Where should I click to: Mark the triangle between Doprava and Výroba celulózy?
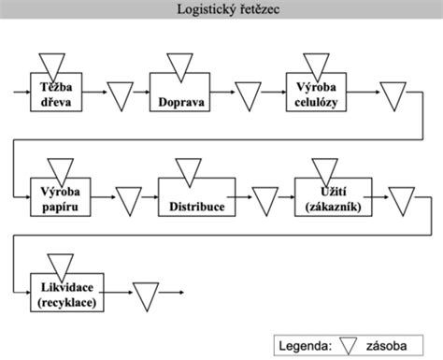pos(249,95)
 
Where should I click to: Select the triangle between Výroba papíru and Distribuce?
pos(129,198)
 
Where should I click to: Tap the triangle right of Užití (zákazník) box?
pos(402,198)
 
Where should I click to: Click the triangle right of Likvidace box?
pos(146,295)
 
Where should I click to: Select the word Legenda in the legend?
pos(306,346)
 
